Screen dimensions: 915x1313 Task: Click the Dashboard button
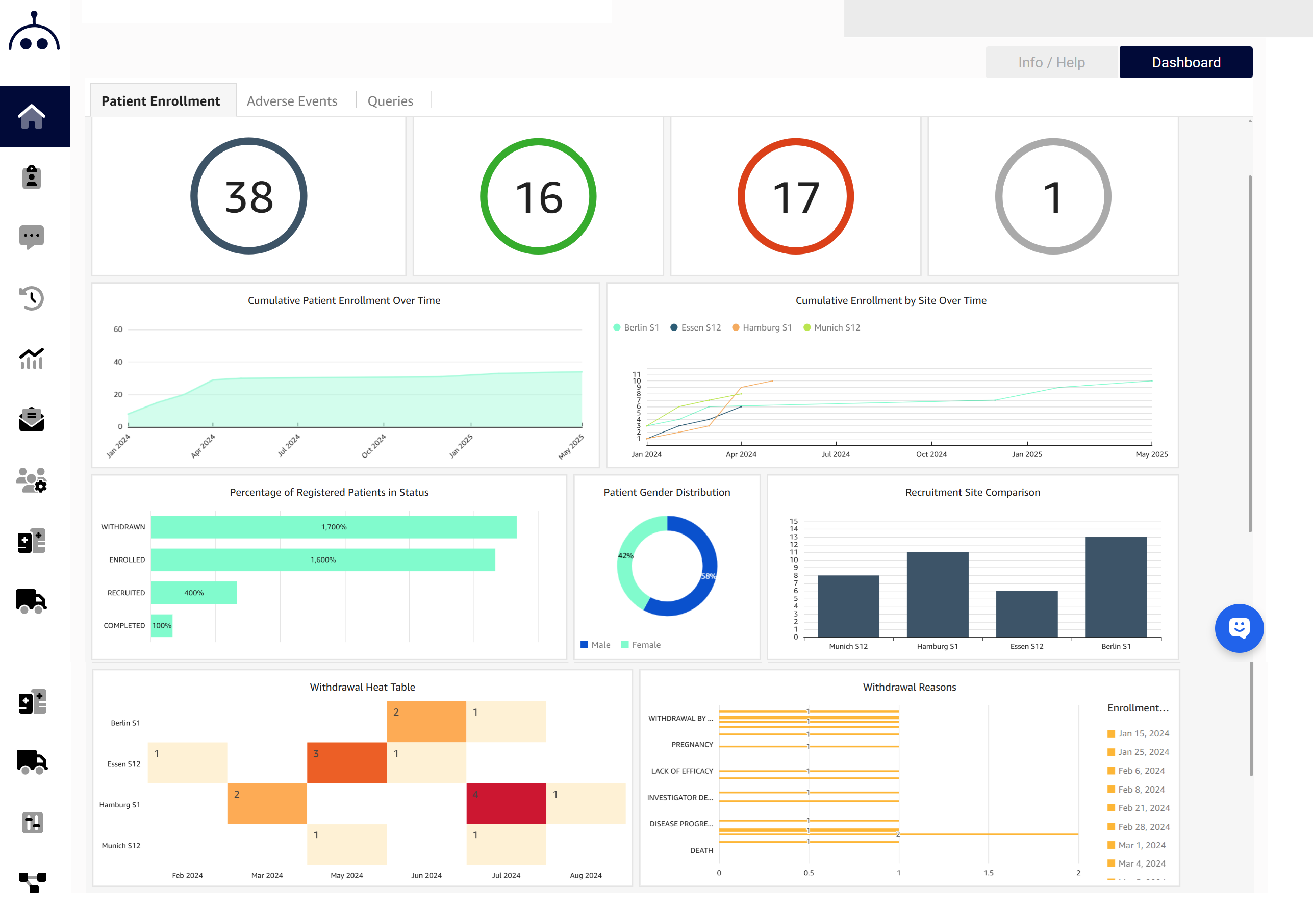click(x=1185, y=62)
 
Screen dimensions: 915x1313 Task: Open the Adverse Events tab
click(x=292, y=101)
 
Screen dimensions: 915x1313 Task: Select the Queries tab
click(x=390, y=101)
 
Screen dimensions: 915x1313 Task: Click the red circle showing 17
click(x=795, y=196)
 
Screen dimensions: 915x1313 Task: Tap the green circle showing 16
click(x=538, y=196)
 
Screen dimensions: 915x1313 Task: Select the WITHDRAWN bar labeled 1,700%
click(x=334, y=527)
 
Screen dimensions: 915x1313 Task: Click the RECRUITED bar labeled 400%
click(x=194, y=593)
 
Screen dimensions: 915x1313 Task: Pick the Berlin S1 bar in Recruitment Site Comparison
click(x=1115, y=586)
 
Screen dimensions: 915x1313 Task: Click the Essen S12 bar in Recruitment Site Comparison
click(x=1026, y=614)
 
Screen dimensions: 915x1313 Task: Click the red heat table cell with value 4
click(x=506, y=803)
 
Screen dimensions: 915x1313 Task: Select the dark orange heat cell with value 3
click(x=346, y=762)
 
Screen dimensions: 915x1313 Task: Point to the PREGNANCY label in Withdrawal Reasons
click(x=692, y=745)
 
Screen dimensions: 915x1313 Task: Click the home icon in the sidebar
click(x=32, y=117)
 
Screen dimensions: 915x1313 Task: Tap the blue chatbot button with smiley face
click(x=1239, y=628)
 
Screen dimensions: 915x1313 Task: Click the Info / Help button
click(x=1051, y=62)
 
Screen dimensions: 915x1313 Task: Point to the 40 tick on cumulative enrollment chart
click(x=118, y=362)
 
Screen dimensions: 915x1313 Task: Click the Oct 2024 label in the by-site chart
click(x=931, y=454)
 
